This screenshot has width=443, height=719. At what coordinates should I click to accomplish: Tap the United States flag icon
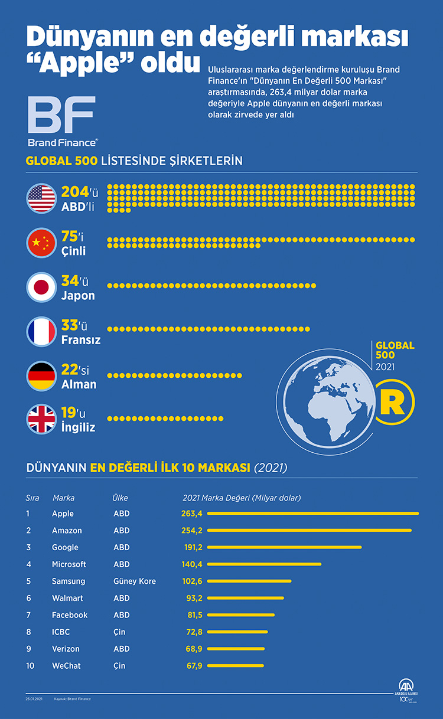click(x=41, y=198)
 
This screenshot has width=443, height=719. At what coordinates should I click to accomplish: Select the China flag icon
click(x=41, y=243)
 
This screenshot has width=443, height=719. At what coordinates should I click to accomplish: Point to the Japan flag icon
click(x=41, y=287)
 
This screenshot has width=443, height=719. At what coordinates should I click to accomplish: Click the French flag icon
click(x=41, y=332)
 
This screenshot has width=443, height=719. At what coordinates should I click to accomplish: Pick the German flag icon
click(x=41, y=376)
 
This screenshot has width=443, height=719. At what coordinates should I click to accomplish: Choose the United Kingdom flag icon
click(x=41, y=419)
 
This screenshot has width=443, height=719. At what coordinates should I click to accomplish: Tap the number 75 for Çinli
click(x=70, y=237)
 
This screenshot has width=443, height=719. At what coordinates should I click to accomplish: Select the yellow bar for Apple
click(x=312, y=514)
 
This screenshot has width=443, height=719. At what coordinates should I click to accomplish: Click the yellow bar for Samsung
click(x=249, y=581)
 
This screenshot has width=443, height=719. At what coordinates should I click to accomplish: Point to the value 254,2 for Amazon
click(x=192, y=531)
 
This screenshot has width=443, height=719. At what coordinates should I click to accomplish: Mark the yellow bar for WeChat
click(x=236, y=666)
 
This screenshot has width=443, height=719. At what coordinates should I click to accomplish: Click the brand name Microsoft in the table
click(x=69, y=564)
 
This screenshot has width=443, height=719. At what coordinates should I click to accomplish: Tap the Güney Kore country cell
click(x=135, y=581)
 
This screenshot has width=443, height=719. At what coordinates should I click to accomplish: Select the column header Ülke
click(x=120, y=498)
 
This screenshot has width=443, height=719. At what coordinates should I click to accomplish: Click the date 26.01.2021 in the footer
click(x=35, y=699)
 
